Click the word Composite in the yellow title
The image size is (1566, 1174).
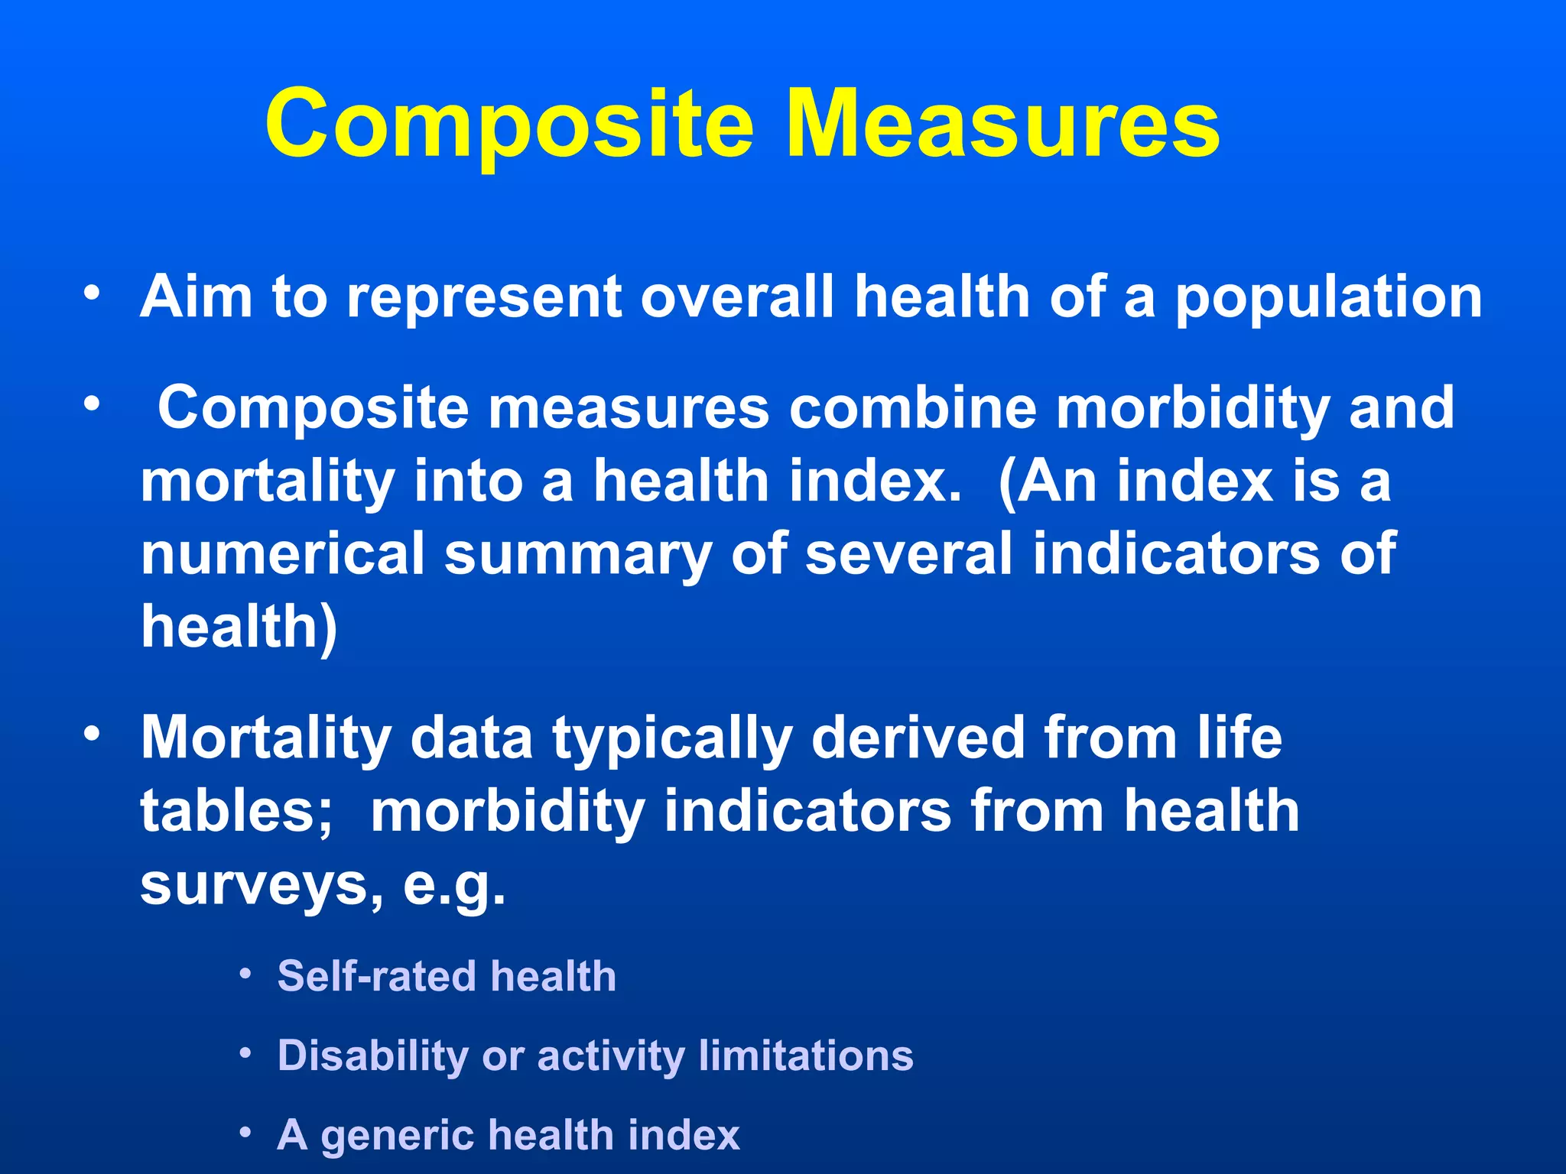509,125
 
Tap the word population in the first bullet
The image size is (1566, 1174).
1328,298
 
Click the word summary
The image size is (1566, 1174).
578,555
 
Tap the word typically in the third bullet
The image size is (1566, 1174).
672,740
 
